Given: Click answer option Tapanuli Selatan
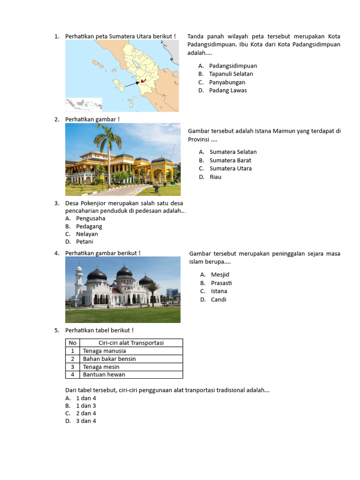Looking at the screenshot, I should pos(231,74).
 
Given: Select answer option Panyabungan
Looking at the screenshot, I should pos(227,82).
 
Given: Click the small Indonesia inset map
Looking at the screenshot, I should pos(84,104).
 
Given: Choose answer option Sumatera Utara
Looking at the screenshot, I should pos(230,168).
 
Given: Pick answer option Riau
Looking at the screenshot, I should pos(215,177).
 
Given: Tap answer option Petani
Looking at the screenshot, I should pos(84,242).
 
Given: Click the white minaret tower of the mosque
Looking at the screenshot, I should pos(78,284).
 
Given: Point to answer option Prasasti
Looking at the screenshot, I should pos(221,283).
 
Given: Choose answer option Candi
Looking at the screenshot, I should pos(218,300).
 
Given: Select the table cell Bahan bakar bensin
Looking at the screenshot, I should pos(109,359).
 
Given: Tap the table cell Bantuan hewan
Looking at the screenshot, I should pos(104,375).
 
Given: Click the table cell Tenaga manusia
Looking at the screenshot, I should pos(104,351).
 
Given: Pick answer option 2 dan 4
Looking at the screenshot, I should pos(86,413).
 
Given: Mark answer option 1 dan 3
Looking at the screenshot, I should pos(86,406).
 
